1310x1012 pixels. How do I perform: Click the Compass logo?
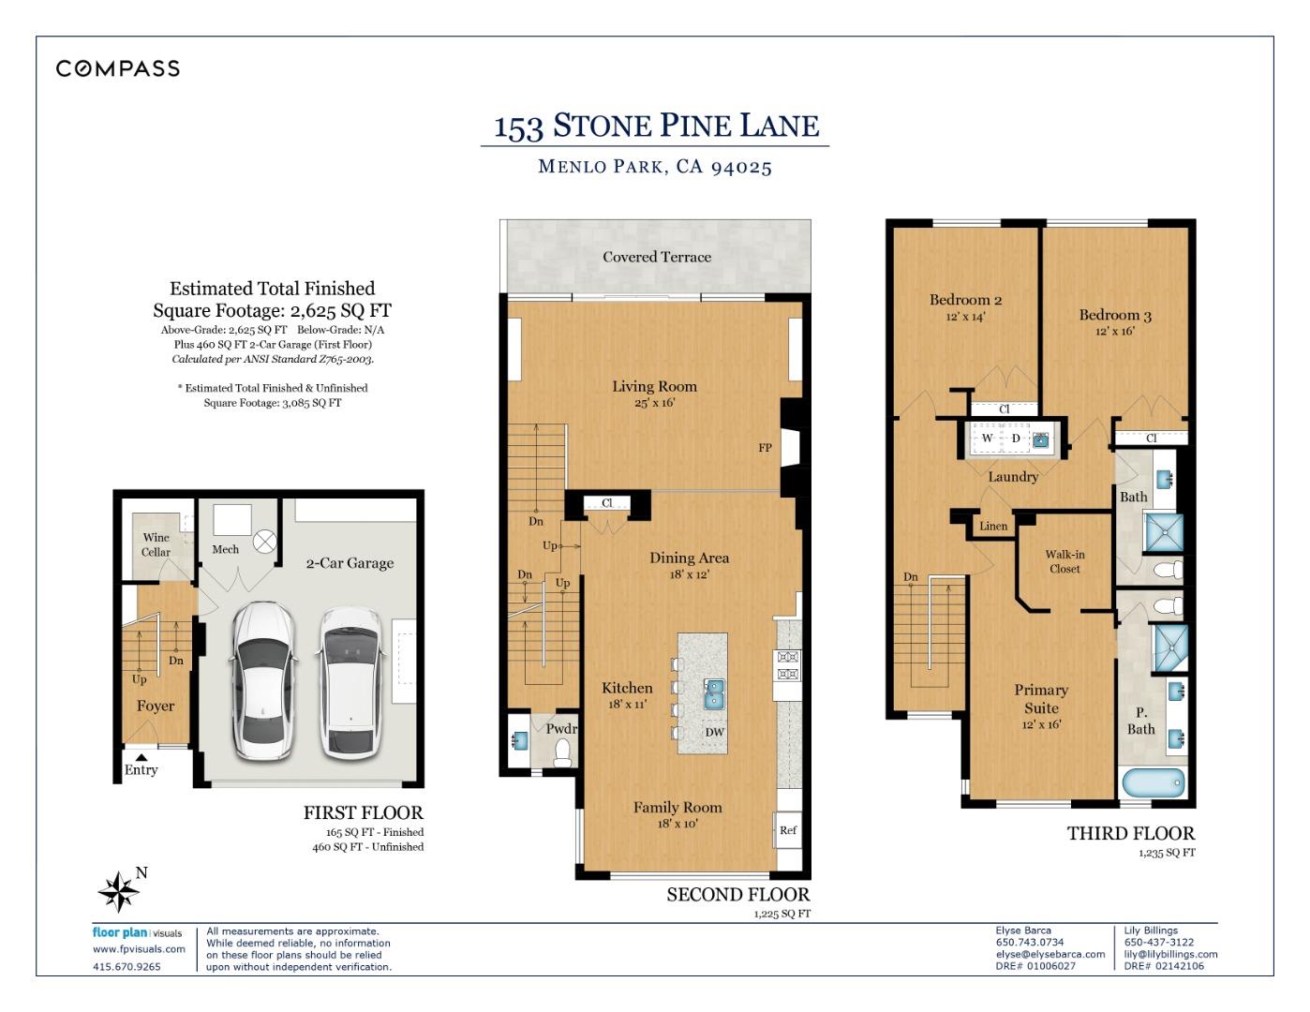pyautogui.click(x=118, y=68)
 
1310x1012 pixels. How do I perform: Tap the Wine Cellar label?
pyautogui.click(x=156, y=544)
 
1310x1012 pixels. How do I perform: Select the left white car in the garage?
pyautogui.click(x=264, y=680)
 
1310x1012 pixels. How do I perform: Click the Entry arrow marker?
pyautogui.click(x=141, y=757)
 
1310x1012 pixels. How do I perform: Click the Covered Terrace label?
pyautogui.click(x=656, y=257)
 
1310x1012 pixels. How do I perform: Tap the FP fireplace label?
pyautogui.click(x=765, y=448)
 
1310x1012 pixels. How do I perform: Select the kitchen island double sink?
pyautogui.click(x=715, y=693)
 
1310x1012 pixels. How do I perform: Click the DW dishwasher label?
pyautogui.click(x=714, y=732)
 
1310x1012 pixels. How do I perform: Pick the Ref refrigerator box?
pyautogui.click(x=788, y=830)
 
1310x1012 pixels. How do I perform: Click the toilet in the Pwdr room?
pyautogui.click(x=563, y=752)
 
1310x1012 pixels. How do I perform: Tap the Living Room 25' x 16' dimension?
pyautogui.click(x=654, y=403)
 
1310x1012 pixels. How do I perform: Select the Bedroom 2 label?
pyautogui.click(x=965, y=300)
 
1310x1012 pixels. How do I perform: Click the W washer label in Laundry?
pyautogui.click(x=987, y=439)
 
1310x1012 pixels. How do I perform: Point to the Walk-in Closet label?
pyautogui.click(x=1064, y=561)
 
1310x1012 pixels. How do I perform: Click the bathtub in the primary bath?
pyautogui.click(x=1152, y=784)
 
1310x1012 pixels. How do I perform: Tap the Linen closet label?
pyautogui.click(x=993, y=527)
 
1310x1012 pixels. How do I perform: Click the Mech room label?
pyautogui.click(x=225, y=549)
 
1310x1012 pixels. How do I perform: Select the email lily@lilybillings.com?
pyautogui.click(x=1170, y=954)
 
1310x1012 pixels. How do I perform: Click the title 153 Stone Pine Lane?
pyautogui.click(x=656, y=126)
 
